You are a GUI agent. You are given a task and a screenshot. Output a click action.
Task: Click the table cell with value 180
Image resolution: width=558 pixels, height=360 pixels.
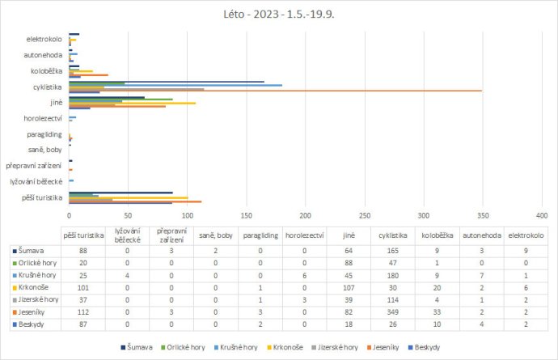pos(393,275)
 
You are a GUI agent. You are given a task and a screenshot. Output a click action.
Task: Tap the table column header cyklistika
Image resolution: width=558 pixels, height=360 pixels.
pos(393,235)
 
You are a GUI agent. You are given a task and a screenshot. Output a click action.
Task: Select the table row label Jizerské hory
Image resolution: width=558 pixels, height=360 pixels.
pos(37,299)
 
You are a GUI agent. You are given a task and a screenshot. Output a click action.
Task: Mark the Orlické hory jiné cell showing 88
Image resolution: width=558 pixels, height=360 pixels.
pos(349,263)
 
